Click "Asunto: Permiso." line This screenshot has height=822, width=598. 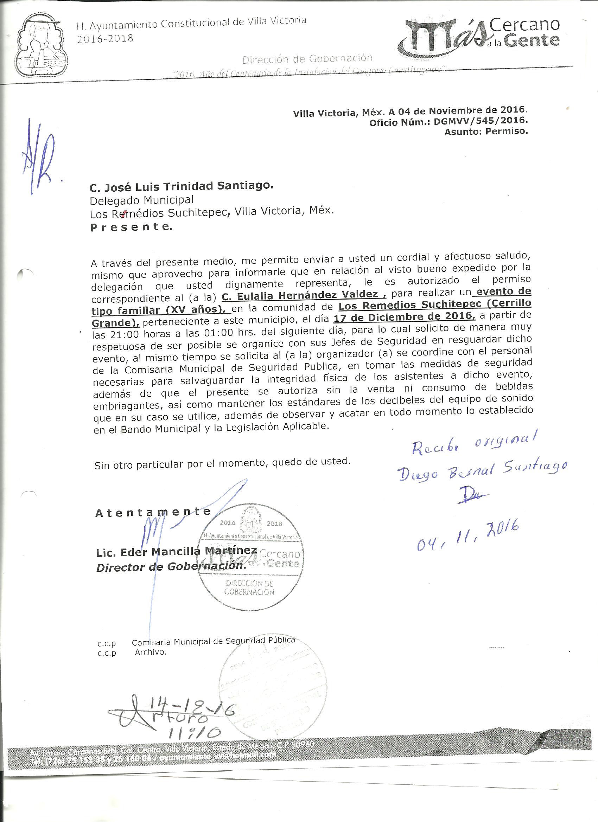pos(486,131)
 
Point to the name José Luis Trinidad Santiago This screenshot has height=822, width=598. pos(180,186)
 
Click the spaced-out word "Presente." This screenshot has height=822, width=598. pos(131,227)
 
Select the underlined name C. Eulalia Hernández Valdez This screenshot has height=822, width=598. pos(304,295)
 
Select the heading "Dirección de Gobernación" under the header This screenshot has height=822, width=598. pos(307,58)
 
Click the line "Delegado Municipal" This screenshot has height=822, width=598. pos(141,200)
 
